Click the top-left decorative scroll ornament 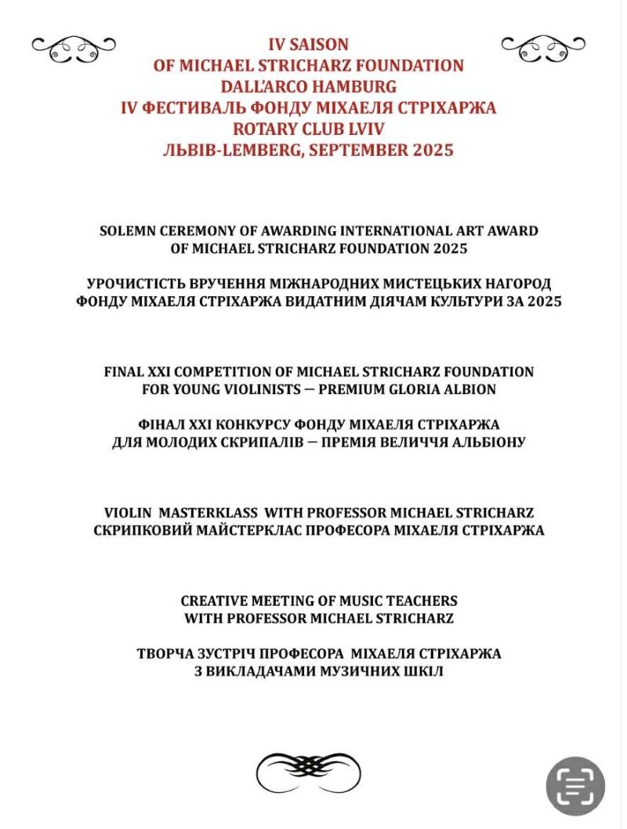(x=74, y=48)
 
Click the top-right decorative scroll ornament (x=543, y=48)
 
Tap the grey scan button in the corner (x=575, y=785)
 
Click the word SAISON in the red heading (x=320, y=45)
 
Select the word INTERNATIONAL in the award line (x=407, y=231)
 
